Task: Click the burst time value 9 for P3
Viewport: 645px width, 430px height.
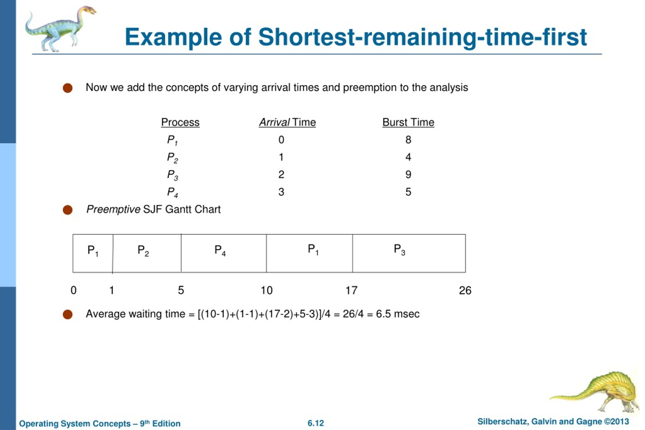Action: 408,174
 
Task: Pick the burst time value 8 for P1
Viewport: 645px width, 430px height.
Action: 408,140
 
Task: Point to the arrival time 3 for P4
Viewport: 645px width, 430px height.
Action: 281,192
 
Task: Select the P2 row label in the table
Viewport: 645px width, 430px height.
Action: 172,158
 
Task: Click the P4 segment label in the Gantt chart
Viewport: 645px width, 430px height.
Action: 220,250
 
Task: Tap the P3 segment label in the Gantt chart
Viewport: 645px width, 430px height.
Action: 399,250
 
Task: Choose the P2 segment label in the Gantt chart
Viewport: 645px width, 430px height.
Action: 143,250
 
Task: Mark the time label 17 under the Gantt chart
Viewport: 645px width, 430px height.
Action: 351,290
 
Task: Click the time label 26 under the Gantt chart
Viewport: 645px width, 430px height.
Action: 465,290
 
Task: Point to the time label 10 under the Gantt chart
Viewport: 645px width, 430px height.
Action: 266,290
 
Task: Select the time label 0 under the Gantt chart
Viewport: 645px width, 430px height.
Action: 74,290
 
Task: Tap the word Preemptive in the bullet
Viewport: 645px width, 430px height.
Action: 113,210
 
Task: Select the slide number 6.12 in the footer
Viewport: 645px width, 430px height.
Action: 315,423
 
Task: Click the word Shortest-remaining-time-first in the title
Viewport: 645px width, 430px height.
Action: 422,37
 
